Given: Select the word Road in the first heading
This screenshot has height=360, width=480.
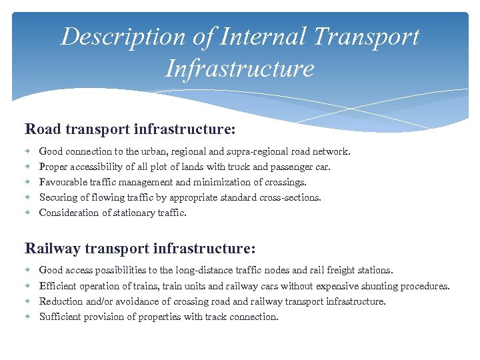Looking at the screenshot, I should click(41, 127).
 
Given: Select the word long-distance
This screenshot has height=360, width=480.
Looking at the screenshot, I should click(203, 271).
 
